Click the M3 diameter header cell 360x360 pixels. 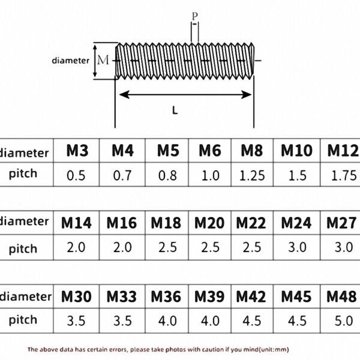[x=77, y=151]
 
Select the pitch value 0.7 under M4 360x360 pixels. [x=122, y=175]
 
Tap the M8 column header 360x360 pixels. [x=252, y=151]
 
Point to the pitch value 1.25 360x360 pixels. [x=252, y=175]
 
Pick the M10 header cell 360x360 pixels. [x=296, y=151]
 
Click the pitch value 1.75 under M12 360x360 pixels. [x=344, y=175]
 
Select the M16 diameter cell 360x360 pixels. [x=122, y=223]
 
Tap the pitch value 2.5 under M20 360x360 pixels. [x=211, y=247]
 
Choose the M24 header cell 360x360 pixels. [x=296, y=223]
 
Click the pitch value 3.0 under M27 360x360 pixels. [x=344, y=247]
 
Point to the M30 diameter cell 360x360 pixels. [x=76, y=296]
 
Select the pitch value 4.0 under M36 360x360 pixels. [x=167, y=321]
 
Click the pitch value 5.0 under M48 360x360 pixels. [x=344, y=321]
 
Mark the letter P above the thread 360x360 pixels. [x=194, y=16]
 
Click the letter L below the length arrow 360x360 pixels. [x=175, y=110]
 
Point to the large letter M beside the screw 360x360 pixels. [x=103, y=60]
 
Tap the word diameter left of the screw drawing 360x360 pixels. [x=70, y=61]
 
